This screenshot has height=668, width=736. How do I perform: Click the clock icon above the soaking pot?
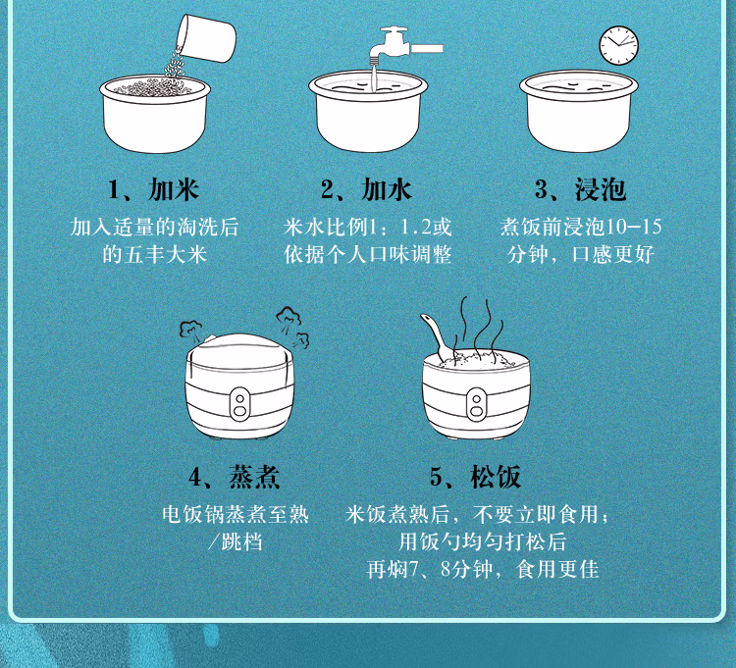click(618, 44)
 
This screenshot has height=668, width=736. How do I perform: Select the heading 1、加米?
click(154, 188)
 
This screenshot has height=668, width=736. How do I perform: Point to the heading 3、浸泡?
click(580, 188)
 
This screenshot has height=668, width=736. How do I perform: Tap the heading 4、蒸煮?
click(235, 478)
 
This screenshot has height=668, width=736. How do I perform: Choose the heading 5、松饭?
click(475, 478)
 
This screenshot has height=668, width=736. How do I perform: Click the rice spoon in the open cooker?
click(438, 337)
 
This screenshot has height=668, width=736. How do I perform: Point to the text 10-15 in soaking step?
click(634, 228)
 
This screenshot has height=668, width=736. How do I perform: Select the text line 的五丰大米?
click(154, 255)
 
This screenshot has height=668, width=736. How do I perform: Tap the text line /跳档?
click(236, 541)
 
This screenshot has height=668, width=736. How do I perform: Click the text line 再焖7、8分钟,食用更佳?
click(482, 569)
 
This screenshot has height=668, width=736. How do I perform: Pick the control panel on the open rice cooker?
click(476, 402)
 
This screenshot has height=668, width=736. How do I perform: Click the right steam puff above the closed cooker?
click(290, 325)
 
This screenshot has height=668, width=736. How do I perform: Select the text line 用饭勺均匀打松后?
click(482, 541)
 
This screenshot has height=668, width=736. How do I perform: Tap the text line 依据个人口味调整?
click(368, 255)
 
